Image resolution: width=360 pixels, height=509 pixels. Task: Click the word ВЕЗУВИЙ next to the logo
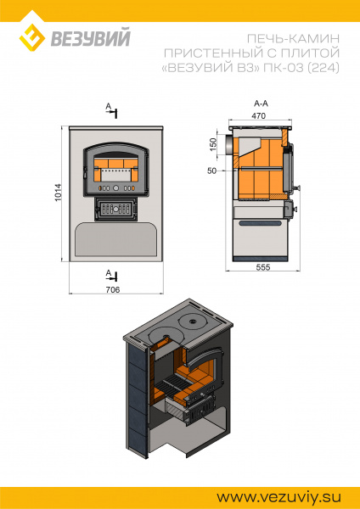(91, 38)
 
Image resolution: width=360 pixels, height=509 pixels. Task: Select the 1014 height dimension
(58, 193)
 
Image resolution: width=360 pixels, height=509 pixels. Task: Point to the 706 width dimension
(113, 289)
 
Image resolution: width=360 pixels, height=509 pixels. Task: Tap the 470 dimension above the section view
(259, 115)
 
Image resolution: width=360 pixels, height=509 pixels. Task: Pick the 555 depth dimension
(263, 267)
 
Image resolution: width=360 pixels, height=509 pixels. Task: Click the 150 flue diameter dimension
(212, 144)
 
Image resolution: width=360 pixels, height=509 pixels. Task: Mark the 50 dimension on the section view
(212, 171)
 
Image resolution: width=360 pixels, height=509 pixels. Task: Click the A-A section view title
(261, 103)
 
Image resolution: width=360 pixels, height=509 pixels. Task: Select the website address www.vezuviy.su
(278, 497)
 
